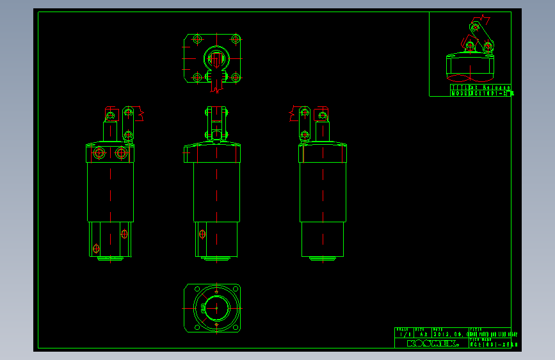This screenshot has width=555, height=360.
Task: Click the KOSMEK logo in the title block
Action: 433,343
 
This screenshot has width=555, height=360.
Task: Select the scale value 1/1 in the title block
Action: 404,334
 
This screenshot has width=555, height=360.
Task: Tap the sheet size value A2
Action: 423,334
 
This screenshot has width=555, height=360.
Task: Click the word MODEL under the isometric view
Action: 460,93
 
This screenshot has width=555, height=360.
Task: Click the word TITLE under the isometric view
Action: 459,87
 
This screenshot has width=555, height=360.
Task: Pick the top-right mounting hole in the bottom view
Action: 235,290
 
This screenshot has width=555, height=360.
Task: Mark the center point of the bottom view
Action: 216,307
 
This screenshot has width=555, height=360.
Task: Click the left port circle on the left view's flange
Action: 99,153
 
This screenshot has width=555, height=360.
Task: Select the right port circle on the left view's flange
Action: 121,153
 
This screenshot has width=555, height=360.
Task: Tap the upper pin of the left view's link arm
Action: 129,113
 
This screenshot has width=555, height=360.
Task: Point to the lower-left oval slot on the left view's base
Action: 96,248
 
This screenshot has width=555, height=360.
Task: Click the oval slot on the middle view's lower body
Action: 202,234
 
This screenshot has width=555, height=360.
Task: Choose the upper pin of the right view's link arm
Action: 303,113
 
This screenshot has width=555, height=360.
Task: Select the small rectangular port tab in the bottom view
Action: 204,308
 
